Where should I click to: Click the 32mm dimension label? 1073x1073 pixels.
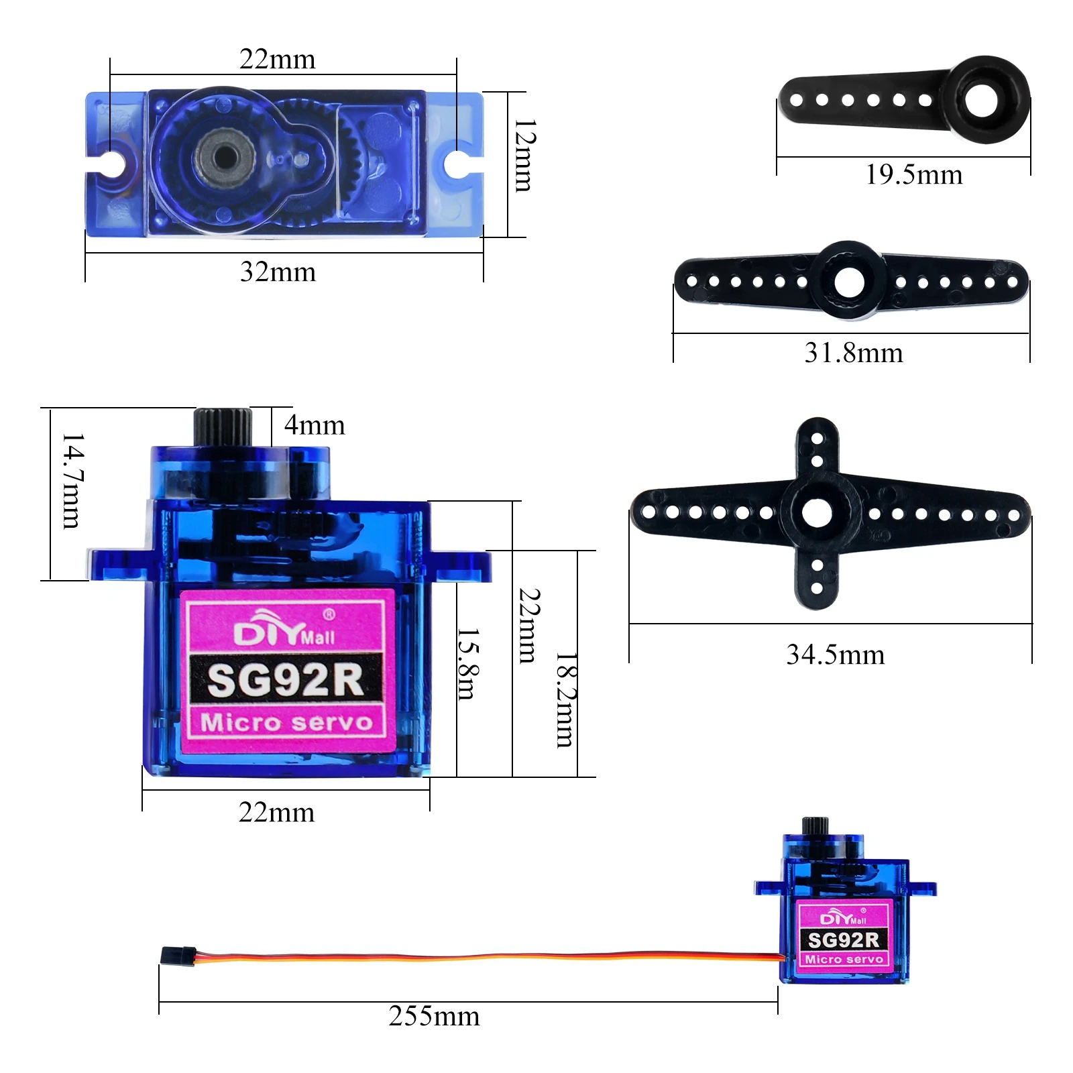click(x=278, y=272)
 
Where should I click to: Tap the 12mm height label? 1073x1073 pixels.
click(x=524, y=156)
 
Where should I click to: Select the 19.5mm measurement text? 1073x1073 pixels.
click(x=913, y=175)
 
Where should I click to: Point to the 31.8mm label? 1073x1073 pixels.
click(x=853, y=353)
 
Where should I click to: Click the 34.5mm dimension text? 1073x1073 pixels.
click(x=835, y=655)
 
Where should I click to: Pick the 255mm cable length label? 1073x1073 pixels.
click(x=434, y=1017)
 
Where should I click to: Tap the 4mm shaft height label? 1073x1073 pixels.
click(x=315, y=425)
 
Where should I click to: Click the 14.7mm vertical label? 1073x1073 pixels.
click(x=72, y=480)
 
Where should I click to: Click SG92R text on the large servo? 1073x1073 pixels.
click(x=286, y=680)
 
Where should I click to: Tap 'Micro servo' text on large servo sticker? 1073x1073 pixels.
click(x=286, y=722)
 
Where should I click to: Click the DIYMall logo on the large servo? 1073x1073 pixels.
click(x=284, y=632)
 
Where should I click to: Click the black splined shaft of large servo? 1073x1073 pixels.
click(x=223, y=426)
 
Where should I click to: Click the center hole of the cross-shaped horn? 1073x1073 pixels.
click(x=816, y=514)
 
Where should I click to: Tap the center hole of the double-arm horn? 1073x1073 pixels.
click(x=849, y=282)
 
